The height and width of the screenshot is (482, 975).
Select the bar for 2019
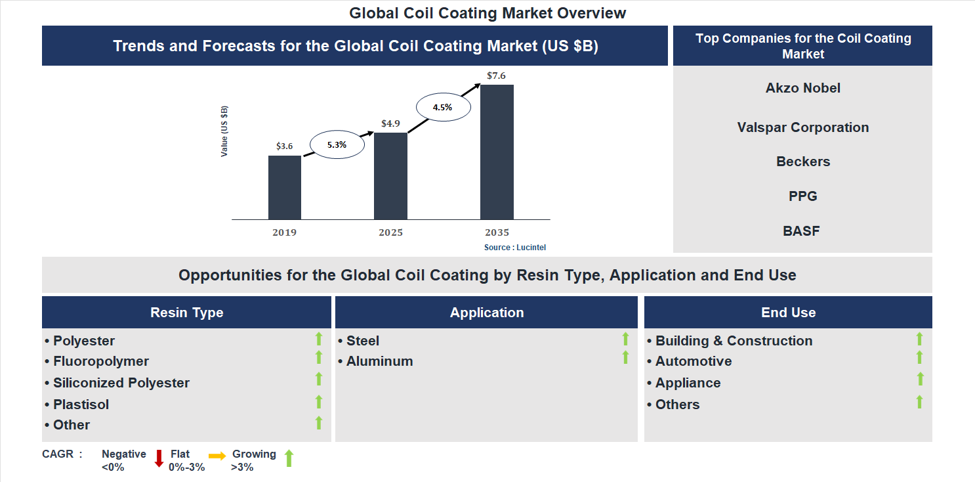pos(285,187)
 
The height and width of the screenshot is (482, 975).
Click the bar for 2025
pos(390,176)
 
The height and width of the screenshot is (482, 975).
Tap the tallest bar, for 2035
pos(497,152)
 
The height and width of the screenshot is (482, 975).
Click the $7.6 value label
pos(496,76)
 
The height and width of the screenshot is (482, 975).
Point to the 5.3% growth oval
pos(337,144)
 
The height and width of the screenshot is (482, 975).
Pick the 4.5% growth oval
pos(442,107)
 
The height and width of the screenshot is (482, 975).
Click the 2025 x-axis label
pos(390,232)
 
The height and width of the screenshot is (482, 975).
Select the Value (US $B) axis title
pos(224,131)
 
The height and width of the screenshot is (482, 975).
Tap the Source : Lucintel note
pos(515,248)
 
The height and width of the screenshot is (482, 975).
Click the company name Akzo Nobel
pos(802,88)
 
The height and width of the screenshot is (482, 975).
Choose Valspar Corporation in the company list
pos(802,127)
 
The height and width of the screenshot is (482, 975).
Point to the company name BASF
pos(801,230)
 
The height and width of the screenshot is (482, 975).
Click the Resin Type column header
pos(186,313)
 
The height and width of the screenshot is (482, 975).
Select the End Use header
pos(788,313)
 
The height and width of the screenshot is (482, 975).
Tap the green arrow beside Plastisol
pos(319,402)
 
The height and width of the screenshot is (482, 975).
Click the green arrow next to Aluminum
pos(625,358)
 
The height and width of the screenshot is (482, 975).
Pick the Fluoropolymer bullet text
pos(101,361)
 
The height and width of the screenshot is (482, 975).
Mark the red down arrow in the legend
pos(159,458)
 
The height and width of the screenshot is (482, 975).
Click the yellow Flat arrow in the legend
pos(217,456)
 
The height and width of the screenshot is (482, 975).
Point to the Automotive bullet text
pos(694,361)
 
